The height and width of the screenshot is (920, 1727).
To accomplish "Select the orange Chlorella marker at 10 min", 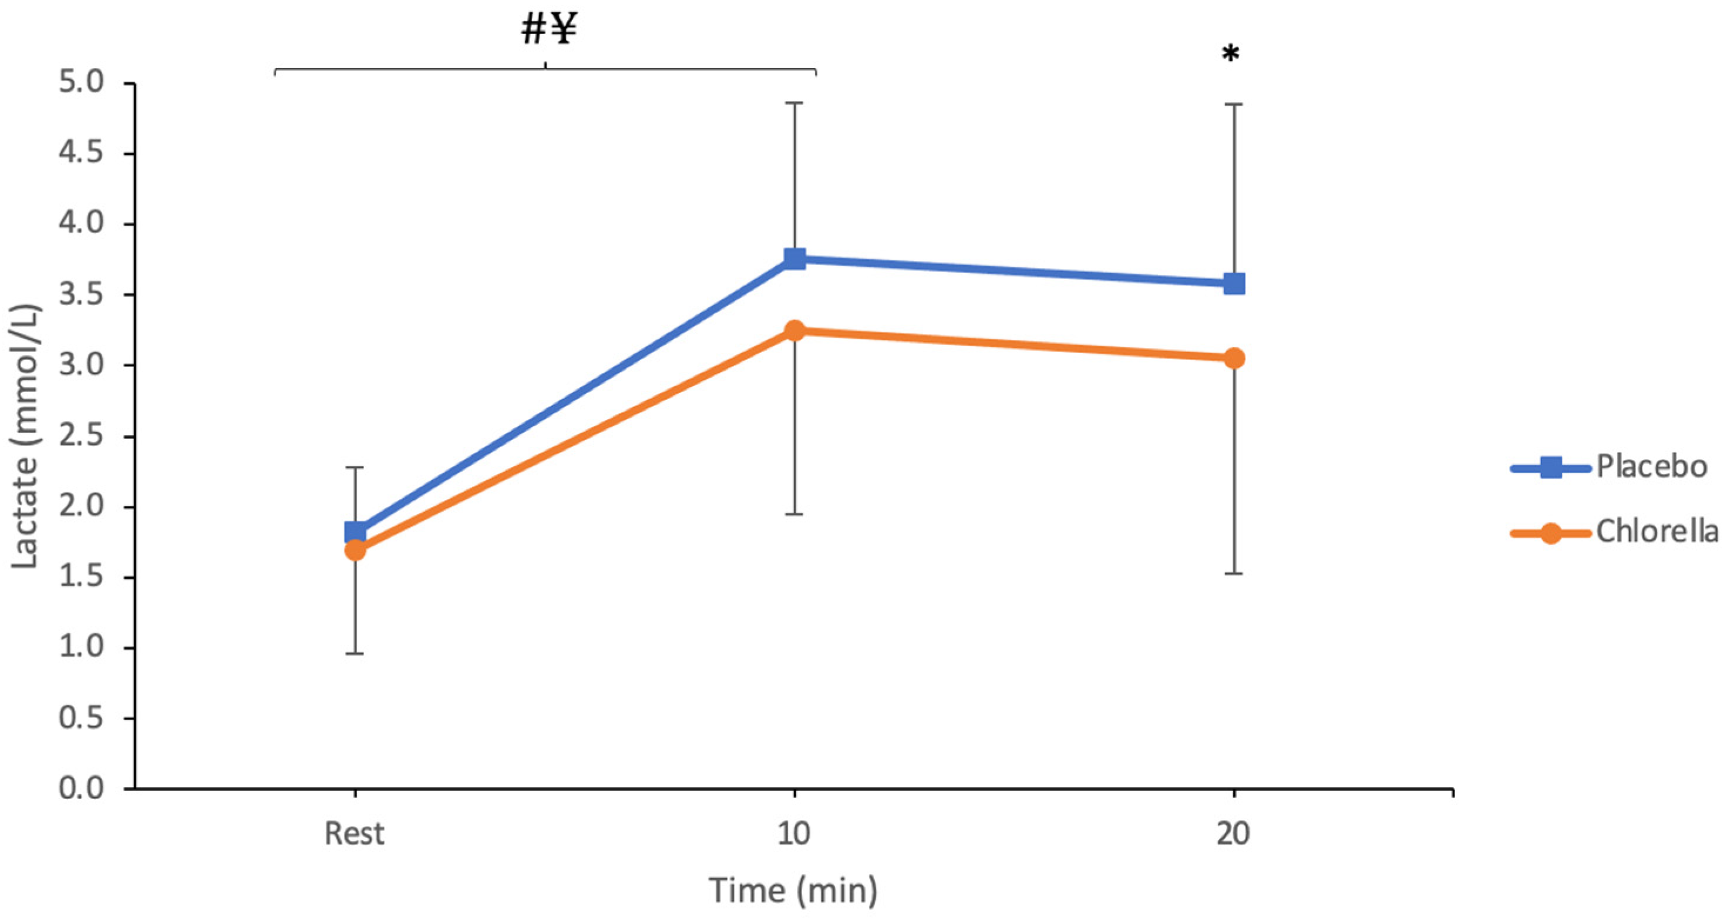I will click(x=795, y=330).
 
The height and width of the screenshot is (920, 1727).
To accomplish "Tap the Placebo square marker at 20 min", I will click(x=1234, y=284).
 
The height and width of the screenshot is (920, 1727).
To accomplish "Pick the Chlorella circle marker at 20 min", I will click(x=1234, y=358).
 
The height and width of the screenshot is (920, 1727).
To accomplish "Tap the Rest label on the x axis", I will click(x=355, y=834).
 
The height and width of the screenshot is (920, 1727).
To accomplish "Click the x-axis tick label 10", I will click(x=794, y=834).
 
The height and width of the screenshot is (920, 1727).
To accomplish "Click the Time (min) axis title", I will click(x=794, y=891).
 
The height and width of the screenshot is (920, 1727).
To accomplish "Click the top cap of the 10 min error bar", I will click(x=795, y=103).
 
